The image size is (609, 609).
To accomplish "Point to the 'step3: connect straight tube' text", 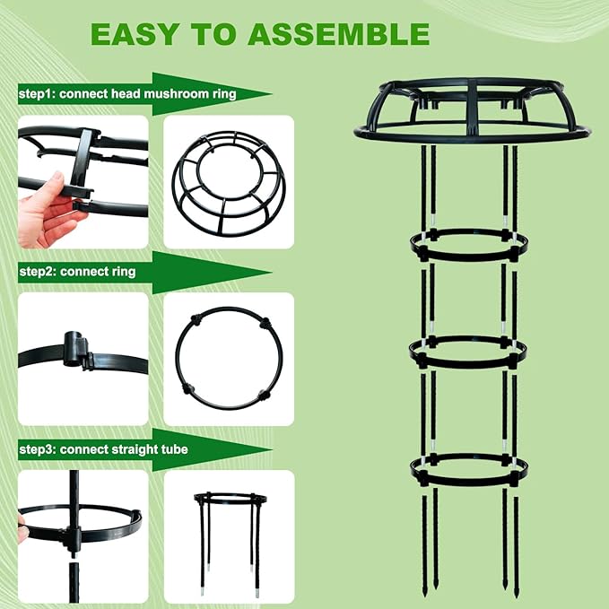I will [x=103, y=448].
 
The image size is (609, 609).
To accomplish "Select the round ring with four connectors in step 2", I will [x=229, y=359].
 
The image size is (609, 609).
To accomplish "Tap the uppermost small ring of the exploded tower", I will [x=468, y=245].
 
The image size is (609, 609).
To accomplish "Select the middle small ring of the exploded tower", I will [x=468, y=351].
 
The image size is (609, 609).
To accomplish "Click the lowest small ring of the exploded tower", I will [x=468, y=467].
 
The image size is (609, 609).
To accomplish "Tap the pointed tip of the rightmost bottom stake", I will [x=514, y=594].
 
